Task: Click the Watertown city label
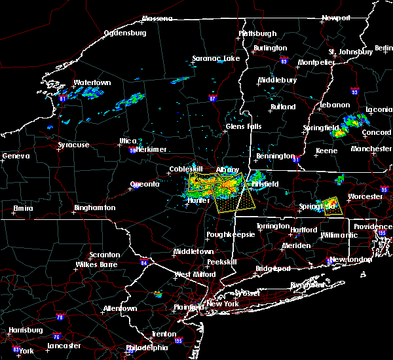(x=92, y=83)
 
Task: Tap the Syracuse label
(x=73, y=145)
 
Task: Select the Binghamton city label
(x=94, y=207)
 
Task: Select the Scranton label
(x=105, y=255)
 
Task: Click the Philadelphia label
(x=147, y=348)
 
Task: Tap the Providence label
(x=373, y=226)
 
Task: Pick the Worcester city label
(x=365, y=196)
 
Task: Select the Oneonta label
(x=145, y=184)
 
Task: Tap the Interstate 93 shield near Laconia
(x=354, y=92)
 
